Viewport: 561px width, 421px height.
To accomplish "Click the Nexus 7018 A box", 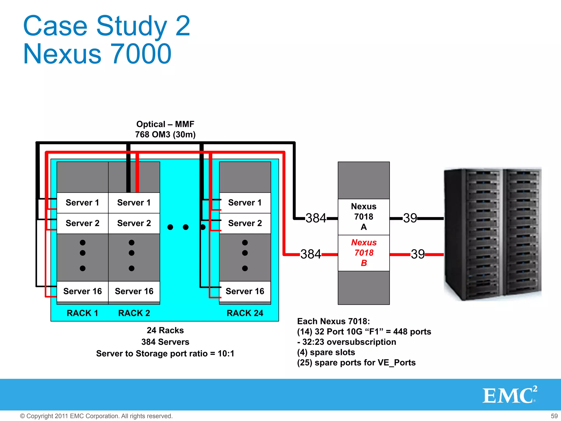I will pyautogui.click(x=363, y=217).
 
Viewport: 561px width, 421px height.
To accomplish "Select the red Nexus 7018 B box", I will pyautogui.click(x=363, y=253).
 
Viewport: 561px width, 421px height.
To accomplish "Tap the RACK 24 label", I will pyautogui.click(x=245, y=313).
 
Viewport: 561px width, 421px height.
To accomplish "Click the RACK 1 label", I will pyautogui.click(x=82, y=313).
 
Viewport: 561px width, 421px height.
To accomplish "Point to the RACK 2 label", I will pyautogui.click(x=134, y=313).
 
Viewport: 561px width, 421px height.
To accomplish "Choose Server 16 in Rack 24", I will pyautogui.click(x=245, y=291).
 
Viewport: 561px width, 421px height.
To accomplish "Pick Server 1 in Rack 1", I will pyautogui.click(x=82, y=203).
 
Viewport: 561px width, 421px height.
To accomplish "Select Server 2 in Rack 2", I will pyautogui.click(x=134, y=223).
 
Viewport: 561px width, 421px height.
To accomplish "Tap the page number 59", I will pyautogui.click(x=554, y=416).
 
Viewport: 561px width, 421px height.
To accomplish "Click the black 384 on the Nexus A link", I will pyautogui.click(x=316, y=218).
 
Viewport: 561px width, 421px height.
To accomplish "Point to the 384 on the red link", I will pyautogui.click(x=311, y=254).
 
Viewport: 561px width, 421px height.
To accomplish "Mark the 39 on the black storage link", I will pyautogui.click(x=410, y=218).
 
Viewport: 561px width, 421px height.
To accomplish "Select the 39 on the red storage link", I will pyautogui.click(x=418, y=254).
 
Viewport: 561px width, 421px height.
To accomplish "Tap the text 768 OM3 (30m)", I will pyautogui.click(x=165, y=135).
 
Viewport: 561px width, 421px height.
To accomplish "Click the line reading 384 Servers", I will pyautogui.click(x=165, y=342).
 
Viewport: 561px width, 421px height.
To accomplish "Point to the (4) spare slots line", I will pyautogui.click(x=326, y=352).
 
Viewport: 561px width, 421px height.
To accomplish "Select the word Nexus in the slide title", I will pyautogui.click(x=62, y=54).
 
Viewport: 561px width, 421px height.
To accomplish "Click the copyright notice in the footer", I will pyautogui.click(x=96, y=416).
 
